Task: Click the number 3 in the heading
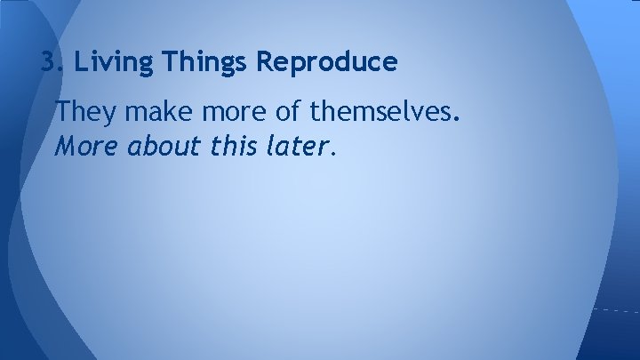pyautogui.click(x=48, y=63)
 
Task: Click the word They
pyautogui.click(x=83, y=112)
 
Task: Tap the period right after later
pyautogui.click(x=332, y=152)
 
